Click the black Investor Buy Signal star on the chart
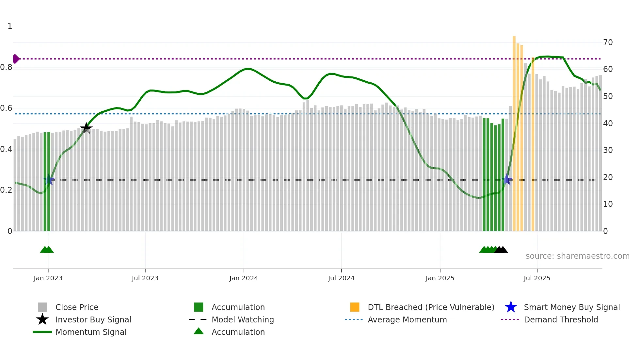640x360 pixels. pyautogui.click(x=86, y=128)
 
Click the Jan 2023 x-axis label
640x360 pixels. pyautogui.click(x=48, y=278)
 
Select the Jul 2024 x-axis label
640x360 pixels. pyautogui.click(x=341, y=278)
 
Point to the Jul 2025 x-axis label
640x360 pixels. pyautogui.click(x=537, y=278)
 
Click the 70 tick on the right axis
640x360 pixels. pyautogui.click(x=608, y=42)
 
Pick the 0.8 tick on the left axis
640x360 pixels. pyautogui.click(x=6, y=67)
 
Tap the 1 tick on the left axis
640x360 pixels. pyautogui.click(x=10, y=26)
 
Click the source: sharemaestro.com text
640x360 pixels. pyautogui.click(x=577, y=256)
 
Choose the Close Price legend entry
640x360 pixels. pyautogui.click(x=77, y=307)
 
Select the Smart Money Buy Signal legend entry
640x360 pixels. pyautogui.click(x=571, y=307)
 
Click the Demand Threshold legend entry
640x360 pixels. pyautogui.click(x=561, y=319)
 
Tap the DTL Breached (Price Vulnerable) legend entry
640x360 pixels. pyautogui.click(x=431, y=307)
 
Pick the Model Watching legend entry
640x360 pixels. pyautogui.click(x=243, y=319)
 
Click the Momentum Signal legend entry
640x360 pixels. pyautogui.click(x=91, y=332)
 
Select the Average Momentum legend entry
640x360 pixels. pyautogui.click(x=407, y=319)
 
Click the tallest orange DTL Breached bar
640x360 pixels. pyautogui.click(x=514, y=131)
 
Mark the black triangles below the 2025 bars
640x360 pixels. pyautogui.click(x=501, y=250)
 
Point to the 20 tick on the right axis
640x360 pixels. pyautogui.click(x=608, y=177)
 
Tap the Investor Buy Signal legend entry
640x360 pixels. pyautogui.click(x=93, y=319)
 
